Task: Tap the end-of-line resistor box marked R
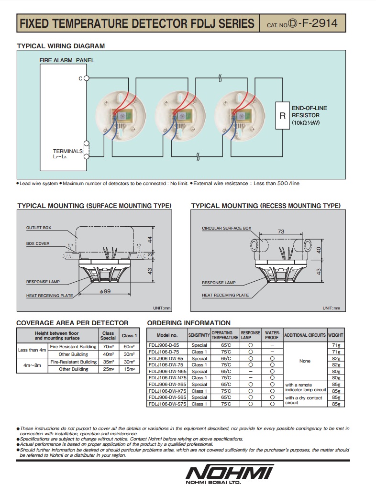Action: (282, 115)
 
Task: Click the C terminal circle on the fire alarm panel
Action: (86, 78)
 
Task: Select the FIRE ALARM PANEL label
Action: (66, 60)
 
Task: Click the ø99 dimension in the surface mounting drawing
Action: (106, 291)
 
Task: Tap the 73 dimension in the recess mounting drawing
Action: (280, 231)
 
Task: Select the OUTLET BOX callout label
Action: (38, 228)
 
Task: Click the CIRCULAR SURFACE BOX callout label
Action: (226, 228)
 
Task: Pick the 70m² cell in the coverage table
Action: (108, 346)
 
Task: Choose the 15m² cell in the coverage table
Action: (129, 369)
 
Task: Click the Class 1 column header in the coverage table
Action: (129, 335)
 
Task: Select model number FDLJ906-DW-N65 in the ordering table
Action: (166, 371)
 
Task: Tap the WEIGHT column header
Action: (336, 335)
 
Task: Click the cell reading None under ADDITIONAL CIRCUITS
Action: (305, 361)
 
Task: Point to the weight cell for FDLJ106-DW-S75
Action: (336, 404)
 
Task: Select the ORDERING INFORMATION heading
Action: (188, 323)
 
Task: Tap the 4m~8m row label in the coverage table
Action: (32, 365)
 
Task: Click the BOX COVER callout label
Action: (38, 243)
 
